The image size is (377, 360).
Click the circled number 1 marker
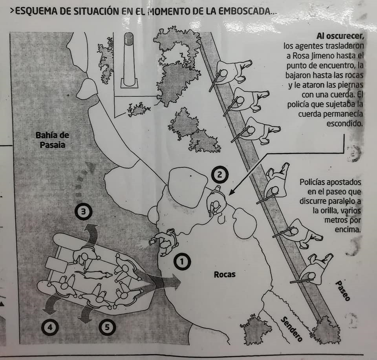click(182, 262)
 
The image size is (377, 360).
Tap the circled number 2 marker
click(220, 175)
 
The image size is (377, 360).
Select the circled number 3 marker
click(83, 212)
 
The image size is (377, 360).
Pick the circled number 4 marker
click(50, 327)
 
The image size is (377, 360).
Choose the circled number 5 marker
click(107, 327)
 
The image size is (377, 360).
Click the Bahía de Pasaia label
click(52, 140)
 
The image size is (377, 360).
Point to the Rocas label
click(225, 274)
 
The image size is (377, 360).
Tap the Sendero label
click(292, 329)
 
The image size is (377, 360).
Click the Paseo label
click(342, 291)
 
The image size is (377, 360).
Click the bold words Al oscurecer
click(340, 36)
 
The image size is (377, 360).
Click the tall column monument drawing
click(129, 60)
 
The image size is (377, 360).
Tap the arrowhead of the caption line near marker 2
click(231, 192)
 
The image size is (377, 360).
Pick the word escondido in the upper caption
click(344, 124)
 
